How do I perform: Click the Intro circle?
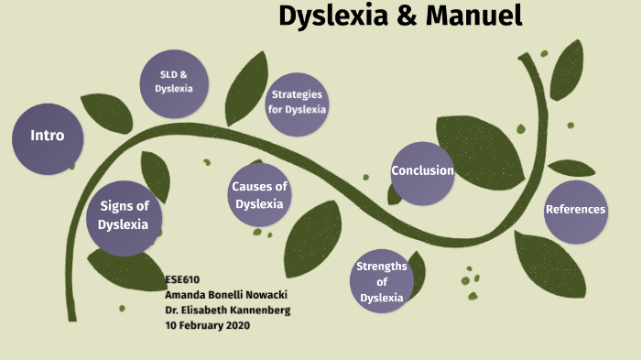47,136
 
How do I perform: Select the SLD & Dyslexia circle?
173,82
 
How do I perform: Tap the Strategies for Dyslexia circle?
297,102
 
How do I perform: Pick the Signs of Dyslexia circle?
124,216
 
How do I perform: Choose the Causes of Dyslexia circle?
259,195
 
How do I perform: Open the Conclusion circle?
422,171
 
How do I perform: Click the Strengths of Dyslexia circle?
382,282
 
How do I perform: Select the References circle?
575,210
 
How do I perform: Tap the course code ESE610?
181,278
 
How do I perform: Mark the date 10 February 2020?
207,325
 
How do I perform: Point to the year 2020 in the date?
235,325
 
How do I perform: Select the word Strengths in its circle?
382,267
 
